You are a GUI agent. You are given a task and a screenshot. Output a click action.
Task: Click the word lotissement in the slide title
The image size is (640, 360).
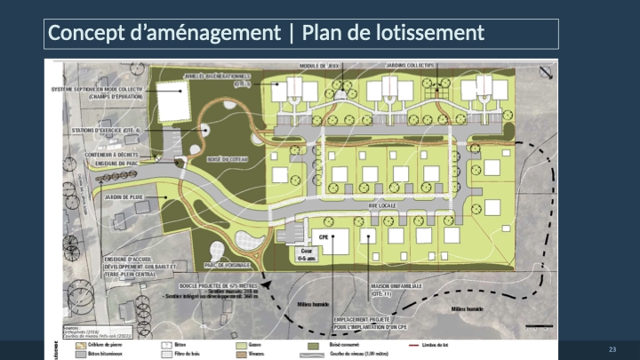point(437,33)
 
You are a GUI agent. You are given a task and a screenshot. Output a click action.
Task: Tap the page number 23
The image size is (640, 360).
point(612,348)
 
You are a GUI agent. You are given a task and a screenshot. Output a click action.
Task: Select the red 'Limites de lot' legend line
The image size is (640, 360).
point(417,340)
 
